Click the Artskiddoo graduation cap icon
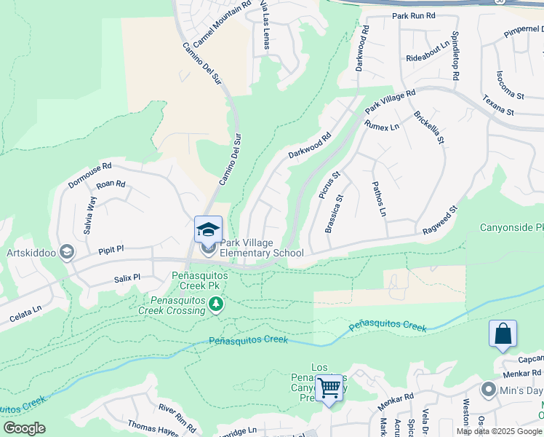point(66,252)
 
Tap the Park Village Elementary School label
point(262,248)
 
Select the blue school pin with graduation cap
point(208,229)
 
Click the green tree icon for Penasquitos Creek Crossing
point(215,304)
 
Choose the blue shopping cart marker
point(329,387)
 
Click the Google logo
point(24,428)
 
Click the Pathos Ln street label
point(378,199)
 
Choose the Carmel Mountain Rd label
point(217,23)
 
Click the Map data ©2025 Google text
point(499,430)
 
